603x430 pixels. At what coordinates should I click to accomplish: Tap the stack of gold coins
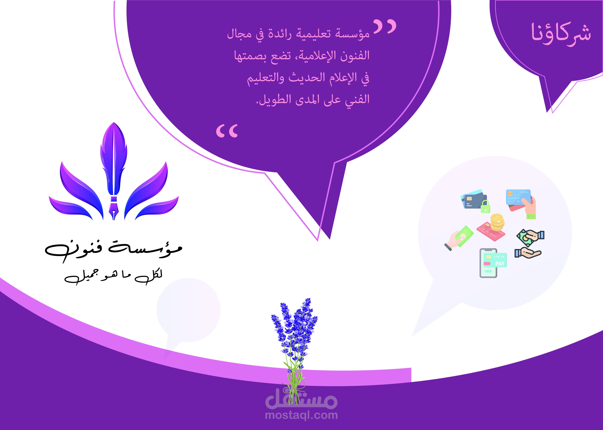[497, 222]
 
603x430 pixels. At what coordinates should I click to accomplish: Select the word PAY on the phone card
[500, 264]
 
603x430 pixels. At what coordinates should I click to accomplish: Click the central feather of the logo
[114, 159]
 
